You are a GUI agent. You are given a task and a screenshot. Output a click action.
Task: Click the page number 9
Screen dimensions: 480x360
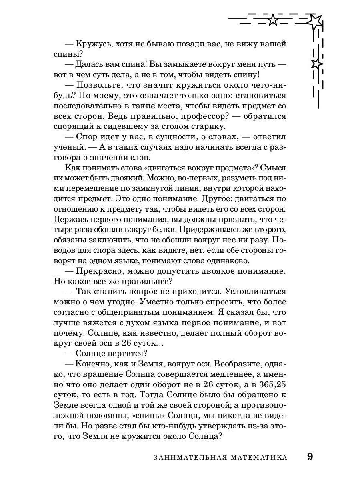coord(310,457)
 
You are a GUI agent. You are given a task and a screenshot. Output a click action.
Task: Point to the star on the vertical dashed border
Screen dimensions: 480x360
coord(316,64)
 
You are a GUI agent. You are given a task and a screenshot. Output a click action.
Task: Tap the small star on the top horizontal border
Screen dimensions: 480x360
coord(273,19)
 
